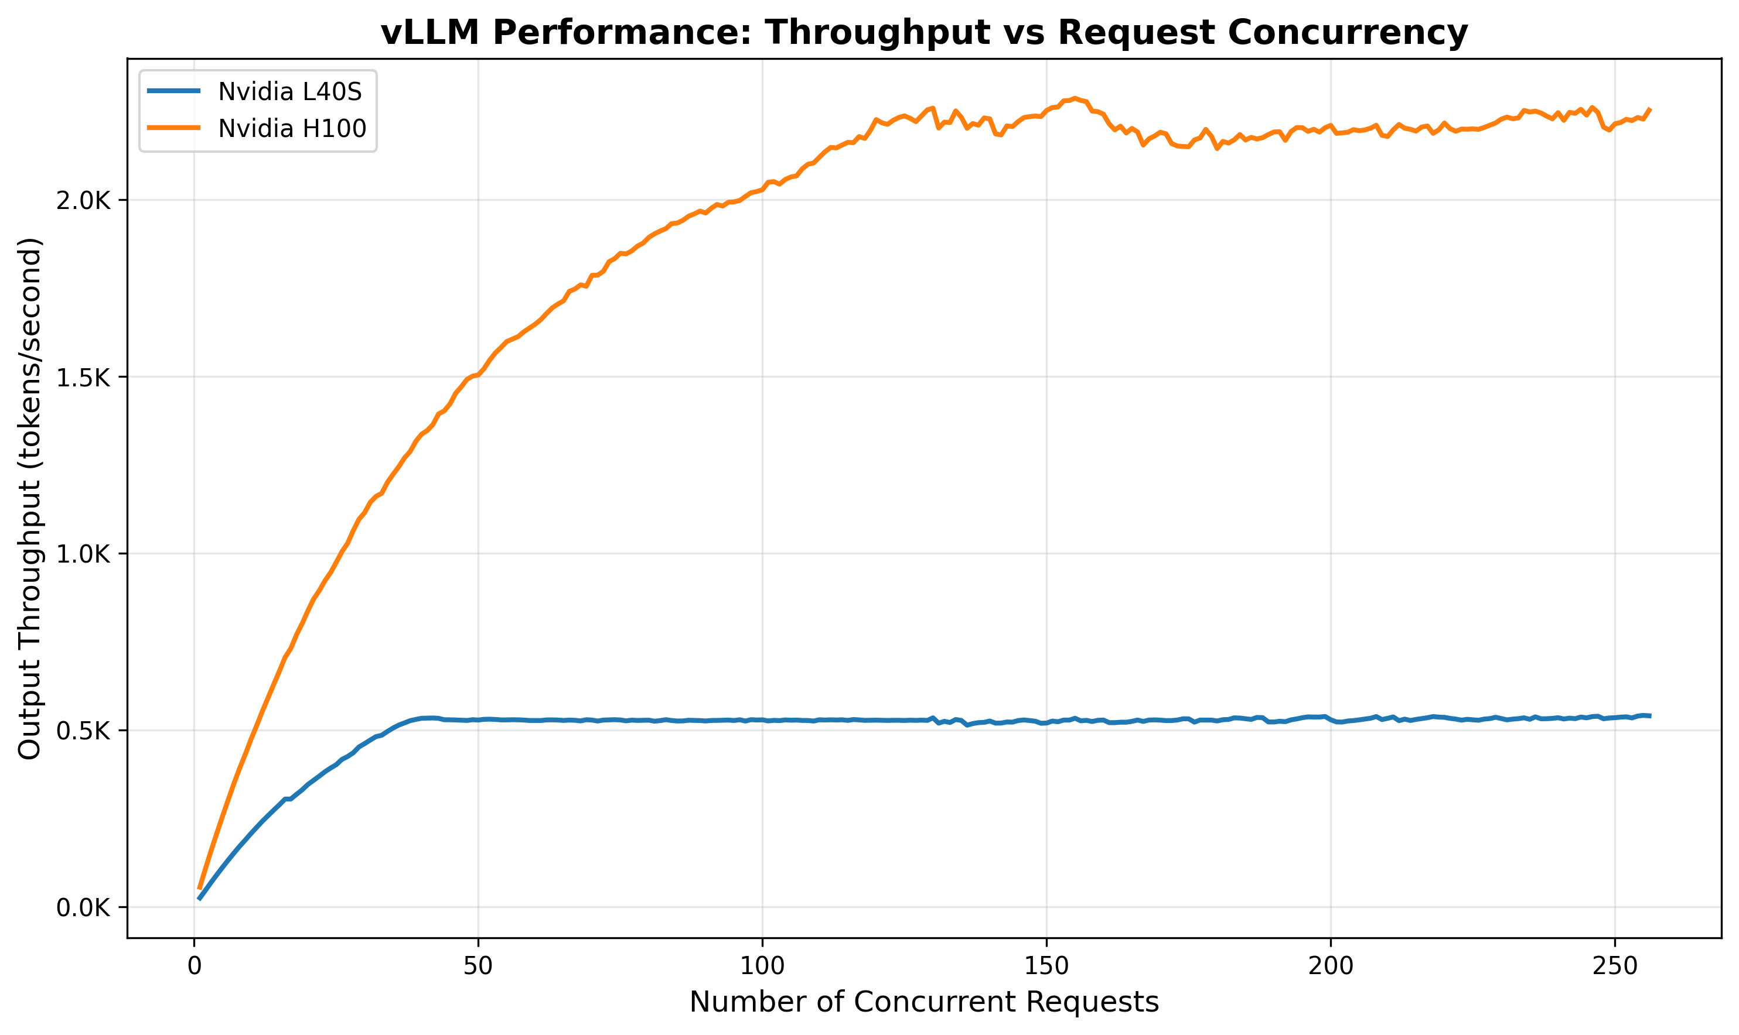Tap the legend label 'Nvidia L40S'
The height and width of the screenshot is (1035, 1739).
pyautogui.click(x=290, y=91)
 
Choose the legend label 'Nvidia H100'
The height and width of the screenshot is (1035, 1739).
pyautogui.click(x=292, y=128)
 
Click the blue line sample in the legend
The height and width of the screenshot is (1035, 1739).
pyautogui.click(x=174, y=91)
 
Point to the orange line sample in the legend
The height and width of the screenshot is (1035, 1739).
pyautogui.click(x=174, y=128)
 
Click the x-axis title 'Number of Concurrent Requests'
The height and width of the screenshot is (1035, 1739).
pyautogui.click(x=924, y=1003)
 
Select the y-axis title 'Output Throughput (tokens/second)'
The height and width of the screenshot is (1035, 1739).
pyautogui.click(x=30, y=498)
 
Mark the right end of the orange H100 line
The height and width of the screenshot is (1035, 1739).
pyautogui.click(x=1650, y=109)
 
